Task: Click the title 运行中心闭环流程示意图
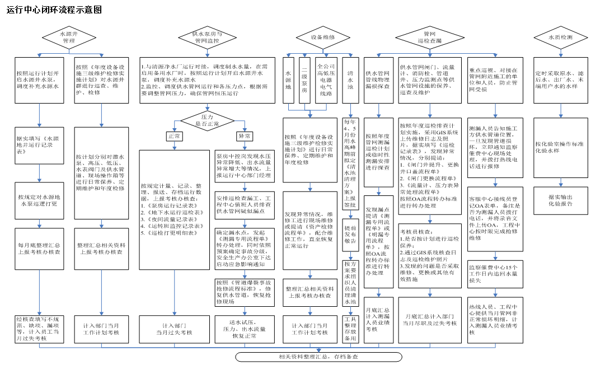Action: (54, 10)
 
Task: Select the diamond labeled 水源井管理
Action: (69, 38)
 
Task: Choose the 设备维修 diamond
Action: (323, 38)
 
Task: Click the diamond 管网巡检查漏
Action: (429, 38)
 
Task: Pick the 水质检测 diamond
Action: (560, 38)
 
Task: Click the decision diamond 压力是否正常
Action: (207, 120)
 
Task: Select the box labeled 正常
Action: (173, 135)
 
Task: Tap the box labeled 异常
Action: (244, 135)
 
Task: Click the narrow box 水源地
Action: (289, 80)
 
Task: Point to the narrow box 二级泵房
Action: (304, 80)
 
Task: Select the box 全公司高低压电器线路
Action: (326, 80)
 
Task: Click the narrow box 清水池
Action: (350, 80)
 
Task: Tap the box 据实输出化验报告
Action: (560, 200)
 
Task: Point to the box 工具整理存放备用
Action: (350, 329)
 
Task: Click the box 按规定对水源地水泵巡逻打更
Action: (39, 200)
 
